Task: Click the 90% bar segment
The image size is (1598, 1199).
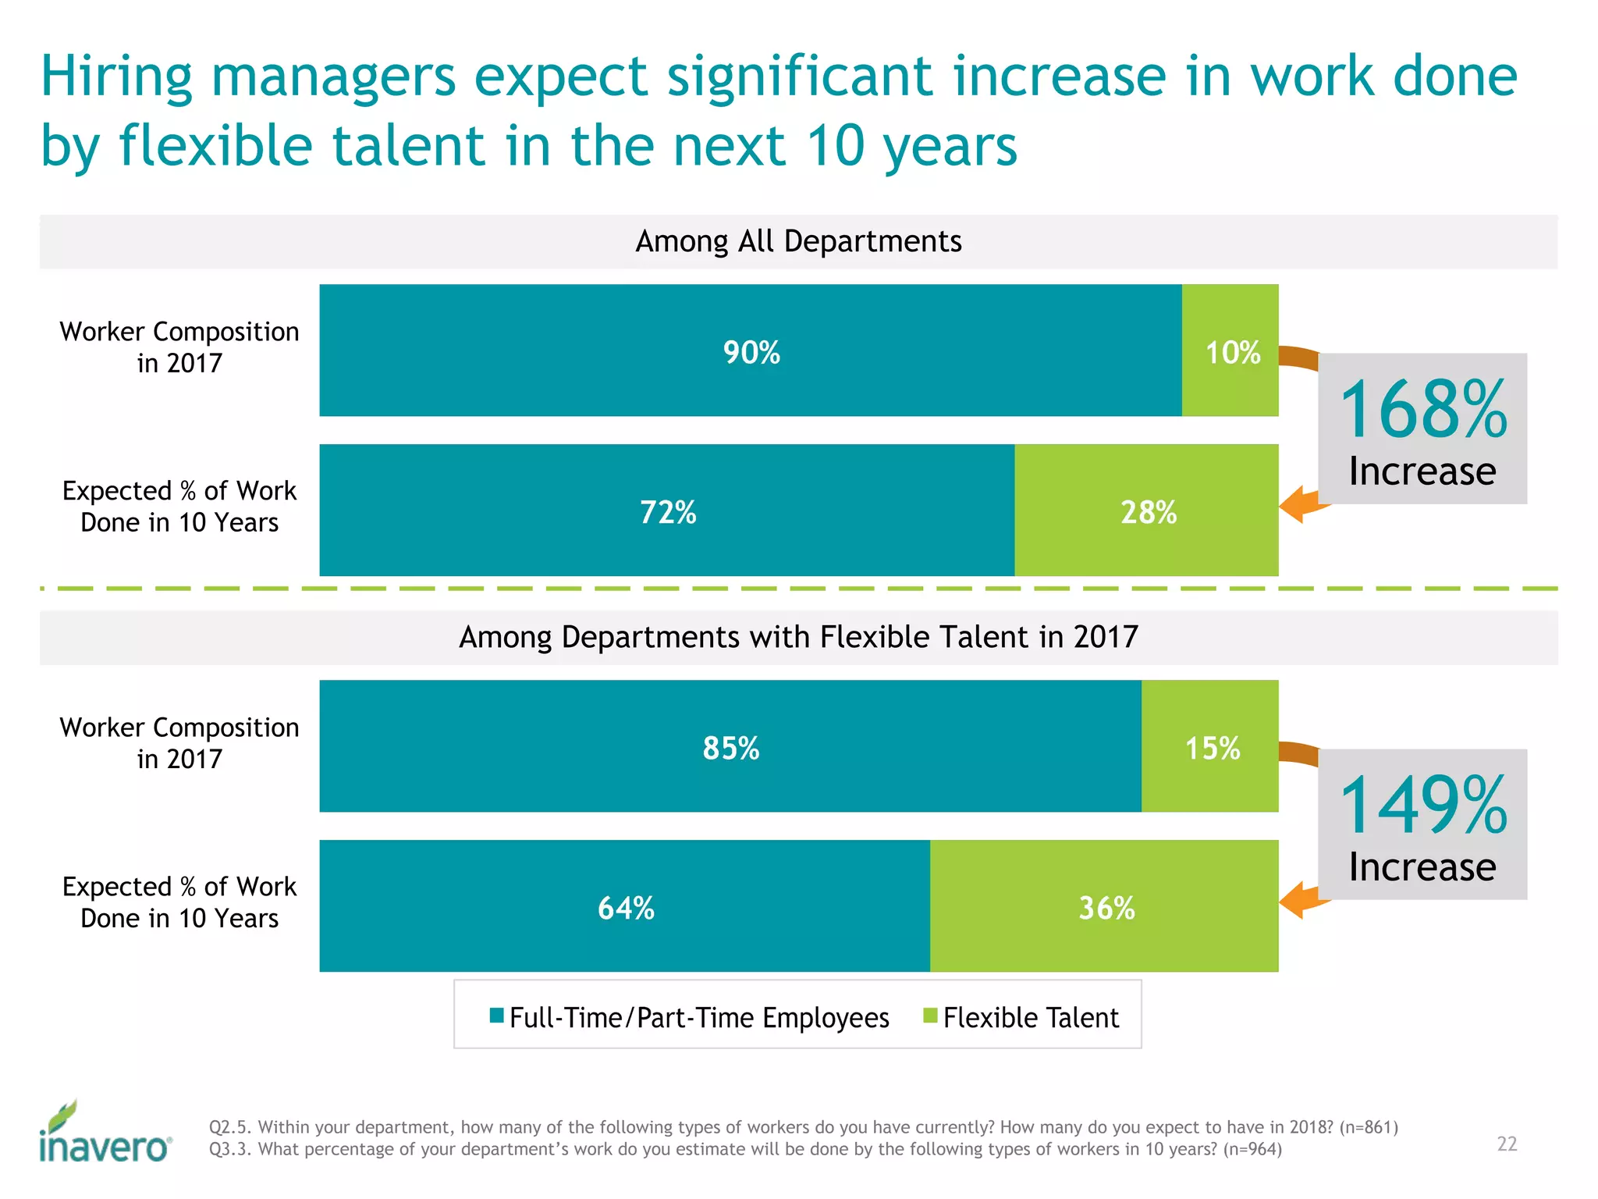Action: tap(751, 350)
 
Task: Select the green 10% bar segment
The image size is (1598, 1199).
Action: tap(1230, 350)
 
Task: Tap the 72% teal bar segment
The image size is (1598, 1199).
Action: tap(667, 511)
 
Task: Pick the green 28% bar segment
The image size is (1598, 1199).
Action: tap(1146, 511)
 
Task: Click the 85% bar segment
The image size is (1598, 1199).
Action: tap(730, 746)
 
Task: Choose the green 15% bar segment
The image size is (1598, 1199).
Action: tap(1209, 746)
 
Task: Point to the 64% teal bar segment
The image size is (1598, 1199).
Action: tap(625, 906)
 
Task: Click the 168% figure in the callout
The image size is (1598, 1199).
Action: tap(1422, 409)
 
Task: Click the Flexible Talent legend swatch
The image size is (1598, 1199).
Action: tap(929, 1016)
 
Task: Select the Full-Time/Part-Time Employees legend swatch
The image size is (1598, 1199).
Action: tap(496, 1016)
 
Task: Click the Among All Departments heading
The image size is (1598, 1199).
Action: tap(798, 241)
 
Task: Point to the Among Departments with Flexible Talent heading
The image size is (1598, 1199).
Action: tap(798, 637)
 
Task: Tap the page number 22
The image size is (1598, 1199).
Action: tap(1507, 1144)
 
